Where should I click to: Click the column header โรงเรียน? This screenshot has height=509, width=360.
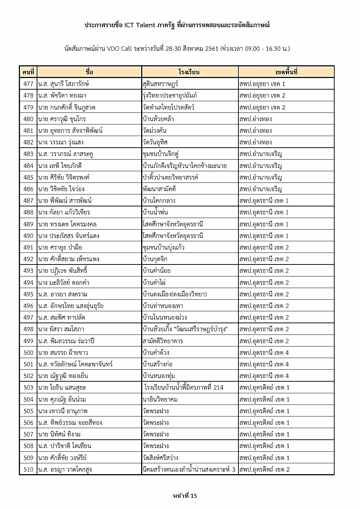pos(189,72)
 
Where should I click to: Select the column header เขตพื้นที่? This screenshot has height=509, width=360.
pos(286,72)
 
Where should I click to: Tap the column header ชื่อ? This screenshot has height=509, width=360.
pos(89,72)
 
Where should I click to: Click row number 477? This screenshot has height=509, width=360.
pos(28,84)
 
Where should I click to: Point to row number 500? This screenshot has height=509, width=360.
pos(28,353)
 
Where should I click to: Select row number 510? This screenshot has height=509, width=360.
pos(28,469)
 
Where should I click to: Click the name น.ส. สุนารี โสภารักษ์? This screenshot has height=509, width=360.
pos(64,84)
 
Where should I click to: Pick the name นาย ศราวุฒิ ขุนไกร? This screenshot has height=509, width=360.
pos(62,119)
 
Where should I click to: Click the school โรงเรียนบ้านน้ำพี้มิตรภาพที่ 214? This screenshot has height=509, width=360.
pos(184,387)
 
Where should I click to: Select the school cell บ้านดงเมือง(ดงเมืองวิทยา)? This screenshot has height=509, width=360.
pos(175,294)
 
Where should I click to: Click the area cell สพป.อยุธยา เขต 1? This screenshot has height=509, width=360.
pos(262,84)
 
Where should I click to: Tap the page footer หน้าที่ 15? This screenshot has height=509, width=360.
pos(185,496)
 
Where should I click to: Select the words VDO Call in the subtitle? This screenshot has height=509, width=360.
pos(120,48)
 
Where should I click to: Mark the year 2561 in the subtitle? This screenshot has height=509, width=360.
pos(212,48)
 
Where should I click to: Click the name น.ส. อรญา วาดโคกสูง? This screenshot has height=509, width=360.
pos(65,469)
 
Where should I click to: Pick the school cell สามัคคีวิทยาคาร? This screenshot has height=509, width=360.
pos(163,341)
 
